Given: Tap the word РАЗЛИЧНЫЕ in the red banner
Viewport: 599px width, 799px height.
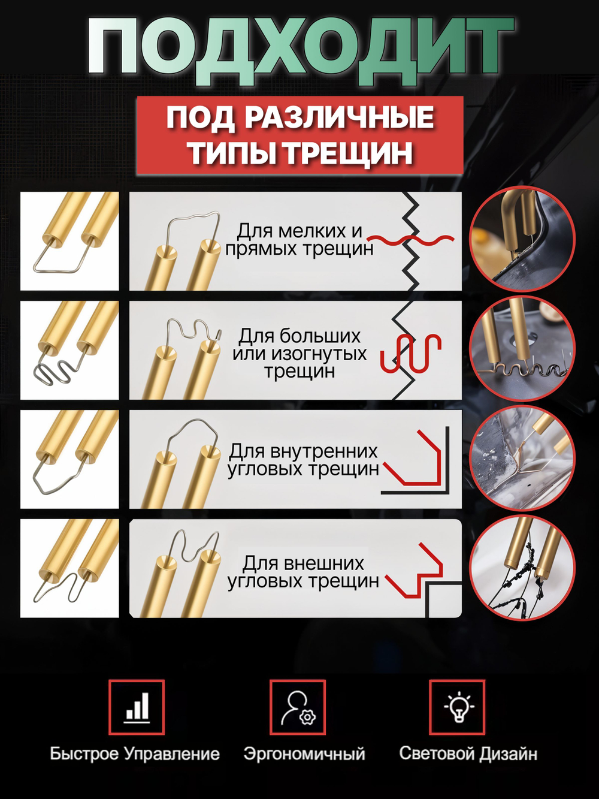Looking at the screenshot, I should coord(339,117).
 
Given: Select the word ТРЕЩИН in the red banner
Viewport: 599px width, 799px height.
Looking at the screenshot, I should coord(348,153).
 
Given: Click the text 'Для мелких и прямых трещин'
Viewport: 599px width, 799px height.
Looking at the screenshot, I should coord(299,240).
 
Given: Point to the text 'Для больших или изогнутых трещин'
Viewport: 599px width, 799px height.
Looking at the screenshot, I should coord(299,353).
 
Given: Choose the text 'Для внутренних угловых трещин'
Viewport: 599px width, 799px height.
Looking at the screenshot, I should coord(303,460).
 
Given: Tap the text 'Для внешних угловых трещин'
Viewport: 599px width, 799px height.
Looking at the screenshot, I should coord(303,572).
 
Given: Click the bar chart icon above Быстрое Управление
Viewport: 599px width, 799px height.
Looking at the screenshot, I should coord(137,707).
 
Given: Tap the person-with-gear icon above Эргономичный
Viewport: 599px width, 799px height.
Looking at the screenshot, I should coord(298,707).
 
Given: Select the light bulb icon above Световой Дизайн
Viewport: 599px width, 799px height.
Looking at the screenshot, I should coord(458,707).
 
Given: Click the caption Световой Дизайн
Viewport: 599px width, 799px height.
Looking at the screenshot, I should coord(468,753).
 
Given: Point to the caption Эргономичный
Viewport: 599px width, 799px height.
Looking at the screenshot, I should coord(304,753).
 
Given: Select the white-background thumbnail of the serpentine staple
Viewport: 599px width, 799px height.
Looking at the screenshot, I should coord(69,350).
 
